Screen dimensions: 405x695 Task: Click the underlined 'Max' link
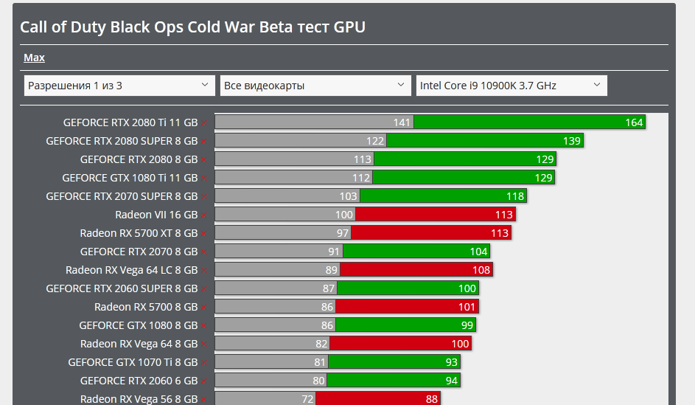click(x=34, y=58)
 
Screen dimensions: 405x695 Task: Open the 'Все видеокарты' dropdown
click(x=315, y=86)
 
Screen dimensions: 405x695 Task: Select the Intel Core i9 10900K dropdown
click(x=511, y=86)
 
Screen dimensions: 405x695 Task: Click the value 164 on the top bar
click(x=634, y=122)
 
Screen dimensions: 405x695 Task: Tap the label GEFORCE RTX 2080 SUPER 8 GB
click(x=122, y=141)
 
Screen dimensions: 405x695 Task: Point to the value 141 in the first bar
click(x=402, y=122)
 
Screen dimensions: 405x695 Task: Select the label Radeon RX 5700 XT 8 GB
click(x=139, y=233)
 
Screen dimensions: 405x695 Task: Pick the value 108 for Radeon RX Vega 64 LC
click(x=481, y=270)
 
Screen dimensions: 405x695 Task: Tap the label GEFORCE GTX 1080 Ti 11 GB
click(x=130, y=178)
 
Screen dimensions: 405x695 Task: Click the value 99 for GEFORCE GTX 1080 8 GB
click(x=467, y=325)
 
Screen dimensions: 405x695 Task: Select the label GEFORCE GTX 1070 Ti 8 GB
click(x=133, y=362)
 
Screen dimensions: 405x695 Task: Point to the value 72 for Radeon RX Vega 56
click(x=307, y=399)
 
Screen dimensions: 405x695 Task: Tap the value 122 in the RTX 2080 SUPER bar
click(x=375, y=141)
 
